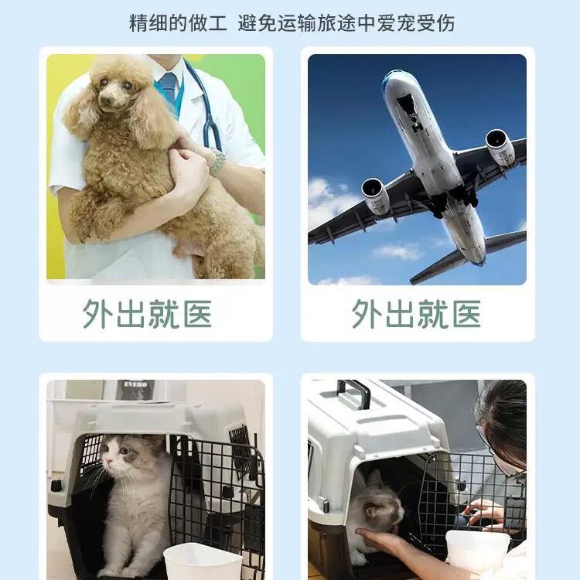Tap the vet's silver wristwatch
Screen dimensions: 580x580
(x=218, y=162)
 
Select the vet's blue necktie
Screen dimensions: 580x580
(x=169, y=87)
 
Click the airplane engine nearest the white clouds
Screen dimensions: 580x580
(x=375, y=196)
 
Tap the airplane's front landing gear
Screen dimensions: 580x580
(x=417, y=124)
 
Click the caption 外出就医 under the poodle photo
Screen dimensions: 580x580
(x=147, y=314)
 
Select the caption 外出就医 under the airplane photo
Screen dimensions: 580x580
(x=416, y=314)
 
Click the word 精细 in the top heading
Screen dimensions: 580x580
(x=148, y=23)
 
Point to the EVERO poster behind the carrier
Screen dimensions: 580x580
(x=135, y=391)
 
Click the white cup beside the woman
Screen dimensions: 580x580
(x=478, y=551)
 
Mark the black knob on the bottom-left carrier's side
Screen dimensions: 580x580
(x=56, y=486)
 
